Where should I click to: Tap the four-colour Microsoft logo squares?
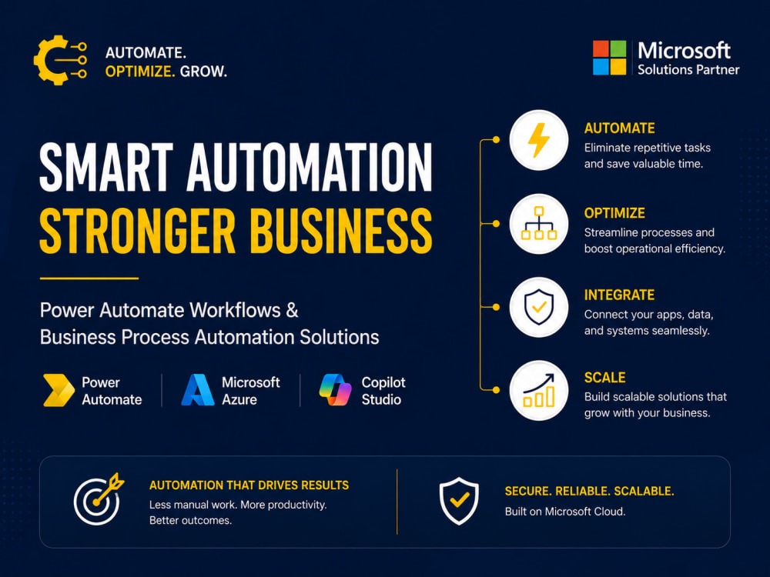pos(609,58)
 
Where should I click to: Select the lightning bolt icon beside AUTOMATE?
pos(539,140)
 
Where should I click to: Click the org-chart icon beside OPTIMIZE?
pos(539,223)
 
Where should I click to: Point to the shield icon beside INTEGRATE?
pos(539,307)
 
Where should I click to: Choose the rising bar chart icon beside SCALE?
pos(539,391)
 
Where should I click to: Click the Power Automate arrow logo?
pos(59,391)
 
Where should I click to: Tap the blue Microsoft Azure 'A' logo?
pos(198,390)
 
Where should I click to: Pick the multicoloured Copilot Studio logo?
pos(336,390)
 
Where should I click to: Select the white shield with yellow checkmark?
pos(459,501)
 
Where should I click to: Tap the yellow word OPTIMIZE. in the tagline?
pos(140,72)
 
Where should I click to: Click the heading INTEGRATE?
pos(619,295)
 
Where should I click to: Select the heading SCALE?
pos(604,377)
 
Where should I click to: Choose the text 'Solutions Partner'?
pos(688,70)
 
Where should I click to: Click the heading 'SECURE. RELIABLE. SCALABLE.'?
pos(589,491)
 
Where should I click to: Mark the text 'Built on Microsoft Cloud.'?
pos(565,512)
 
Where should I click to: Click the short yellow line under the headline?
pos(89,278)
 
